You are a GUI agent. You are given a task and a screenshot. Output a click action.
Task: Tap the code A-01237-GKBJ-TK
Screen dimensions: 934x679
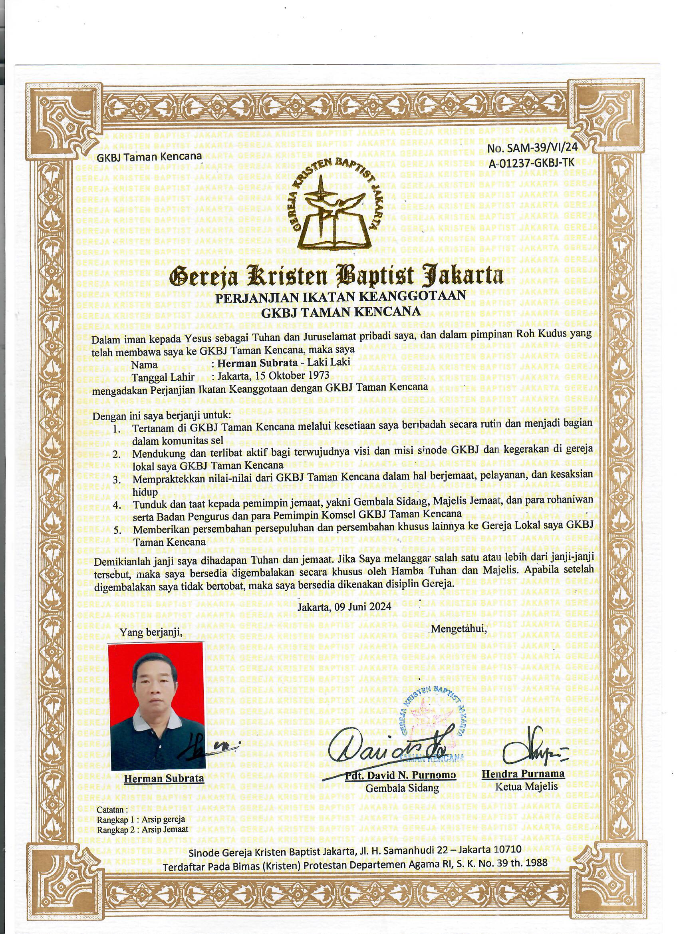click(531, 163)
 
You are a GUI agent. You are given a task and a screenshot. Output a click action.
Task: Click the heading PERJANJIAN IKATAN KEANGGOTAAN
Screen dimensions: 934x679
click(341, 296)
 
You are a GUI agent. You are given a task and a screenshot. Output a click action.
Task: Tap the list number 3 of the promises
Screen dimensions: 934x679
click(117, 480)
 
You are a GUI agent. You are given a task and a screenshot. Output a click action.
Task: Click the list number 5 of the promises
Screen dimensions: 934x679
click(117, 531)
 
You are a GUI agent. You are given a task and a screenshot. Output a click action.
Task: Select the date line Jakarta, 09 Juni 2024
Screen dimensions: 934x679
click(343, 606)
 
